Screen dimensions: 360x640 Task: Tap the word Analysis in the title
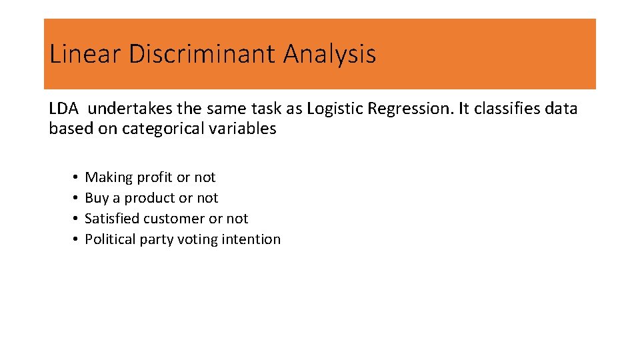[329, 54]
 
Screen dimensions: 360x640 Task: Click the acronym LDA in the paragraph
[64, 108]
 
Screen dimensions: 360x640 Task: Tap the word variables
[246, 129]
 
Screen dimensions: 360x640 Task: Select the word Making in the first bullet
[109, 177]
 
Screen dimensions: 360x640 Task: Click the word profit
[155, 177]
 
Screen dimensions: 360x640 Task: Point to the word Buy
[97, 198]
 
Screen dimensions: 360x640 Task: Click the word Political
[110, 239]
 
